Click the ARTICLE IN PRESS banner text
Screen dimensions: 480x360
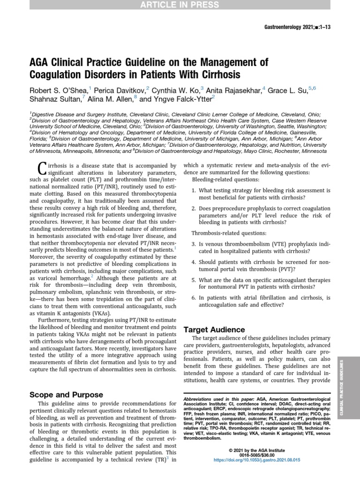180,5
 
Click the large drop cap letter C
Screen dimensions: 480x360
41,168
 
